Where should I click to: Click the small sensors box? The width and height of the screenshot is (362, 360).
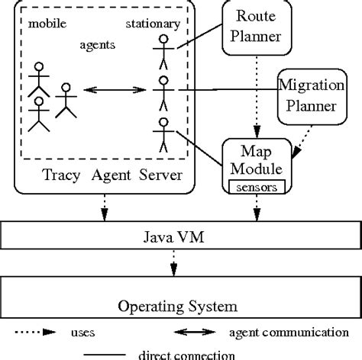254,186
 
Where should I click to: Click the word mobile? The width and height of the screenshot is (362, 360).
47,24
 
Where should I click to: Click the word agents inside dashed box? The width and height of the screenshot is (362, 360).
98,44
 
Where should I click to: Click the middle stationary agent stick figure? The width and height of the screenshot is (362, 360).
161,94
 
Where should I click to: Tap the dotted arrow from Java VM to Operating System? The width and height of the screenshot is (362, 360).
174,269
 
